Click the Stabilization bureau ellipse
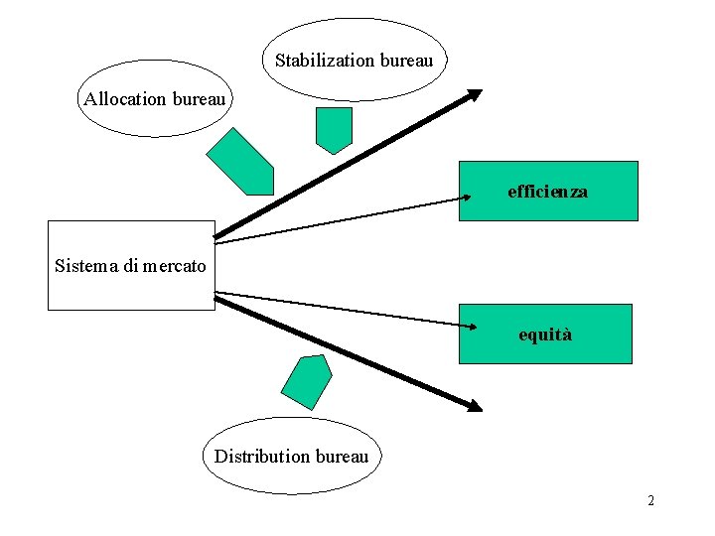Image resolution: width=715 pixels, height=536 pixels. tap(355, 60)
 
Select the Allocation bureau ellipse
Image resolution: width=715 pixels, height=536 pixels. tap(155, 99)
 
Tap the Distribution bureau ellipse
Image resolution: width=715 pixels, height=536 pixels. tap(291, 456)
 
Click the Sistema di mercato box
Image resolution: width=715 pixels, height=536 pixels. tap(131, 265)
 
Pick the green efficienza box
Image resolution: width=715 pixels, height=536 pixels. tap(547, 191)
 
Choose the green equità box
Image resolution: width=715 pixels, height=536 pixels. tap(545, 335)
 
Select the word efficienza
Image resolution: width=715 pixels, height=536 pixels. tap(547, 191)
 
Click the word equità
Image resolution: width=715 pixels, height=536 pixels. tap(545, 335)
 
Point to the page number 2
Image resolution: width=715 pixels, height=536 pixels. tap(650, 500)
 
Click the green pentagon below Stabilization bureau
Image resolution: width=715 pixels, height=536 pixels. tap(334, 129)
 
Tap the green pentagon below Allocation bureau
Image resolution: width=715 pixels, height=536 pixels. tap(241, 163)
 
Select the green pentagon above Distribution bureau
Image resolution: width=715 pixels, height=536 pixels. tap(306, 381)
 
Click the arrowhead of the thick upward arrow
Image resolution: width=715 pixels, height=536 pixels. tap(475, 95)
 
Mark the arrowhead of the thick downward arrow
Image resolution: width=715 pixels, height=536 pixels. tap(475, 405)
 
